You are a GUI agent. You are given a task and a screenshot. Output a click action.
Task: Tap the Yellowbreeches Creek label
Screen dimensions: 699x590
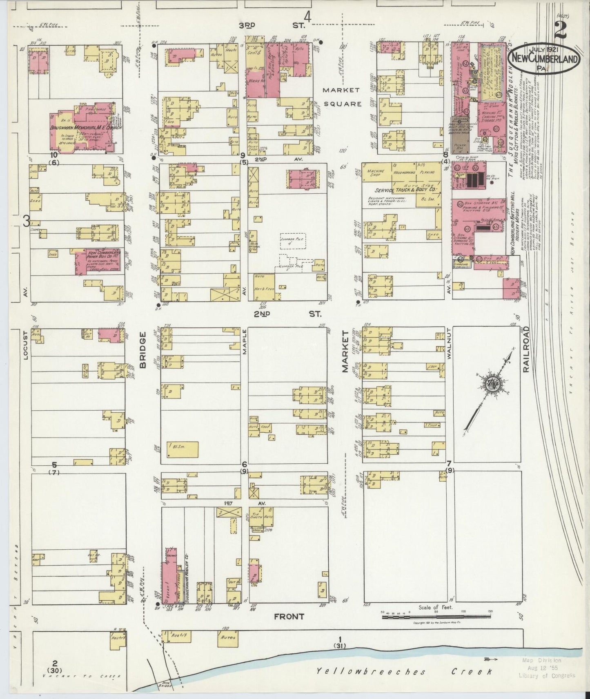pyautogui.click(x=404, y=671)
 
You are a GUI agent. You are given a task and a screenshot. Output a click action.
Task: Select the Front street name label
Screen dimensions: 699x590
pyautogui.click(x=290, y=617)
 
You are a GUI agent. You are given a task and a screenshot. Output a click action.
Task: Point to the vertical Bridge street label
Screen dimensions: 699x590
pyautogui.click(x=143, y=350)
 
